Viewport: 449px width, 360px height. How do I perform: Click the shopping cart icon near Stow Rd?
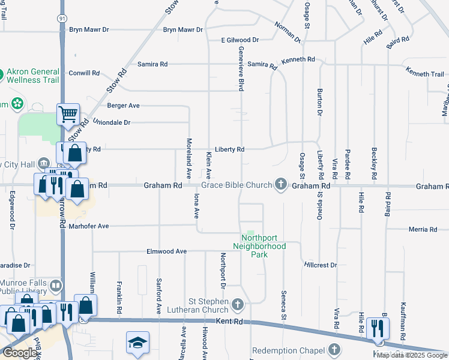click(68, 113)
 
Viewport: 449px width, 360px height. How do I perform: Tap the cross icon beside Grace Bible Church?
click(280, 184)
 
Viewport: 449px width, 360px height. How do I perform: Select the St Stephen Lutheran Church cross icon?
click(238, 305)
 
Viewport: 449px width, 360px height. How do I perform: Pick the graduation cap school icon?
click(136, 343)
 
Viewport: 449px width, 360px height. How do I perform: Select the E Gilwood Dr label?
click(240, 40)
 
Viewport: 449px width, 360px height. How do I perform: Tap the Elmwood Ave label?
click(167, 251)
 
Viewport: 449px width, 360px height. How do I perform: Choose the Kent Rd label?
click(230, 322)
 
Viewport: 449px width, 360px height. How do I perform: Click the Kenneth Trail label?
click(424, 74)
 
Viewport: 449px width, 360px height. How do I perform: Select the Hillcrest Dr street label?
click(321, 265)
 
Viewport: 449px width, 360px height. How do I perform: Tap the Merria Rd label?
click(423, 229)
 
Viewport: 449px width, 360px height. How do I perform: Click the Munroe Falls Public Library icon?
click(55, 286)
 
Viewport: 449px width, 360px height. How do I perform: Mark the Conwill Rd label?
click(84, 73)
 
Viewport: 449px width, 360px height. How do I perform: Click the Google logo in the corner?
click(19, 353)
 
